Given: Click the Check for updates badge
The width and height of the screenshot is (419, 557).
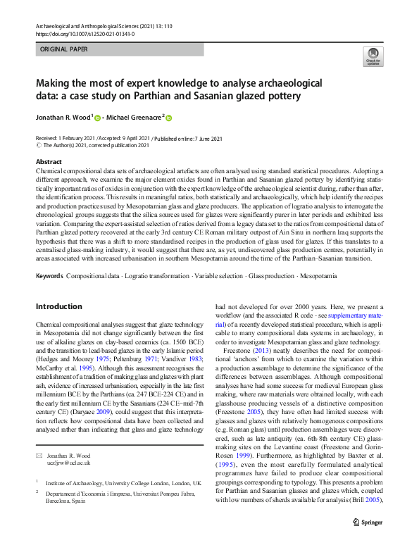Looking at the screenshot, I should [373, 57].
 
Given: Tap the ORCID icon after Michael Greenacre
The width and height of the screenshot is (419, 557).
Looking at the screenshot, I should [169, 118].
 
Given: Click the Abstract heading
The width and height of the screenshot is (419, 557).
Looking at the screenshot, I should [49, 162].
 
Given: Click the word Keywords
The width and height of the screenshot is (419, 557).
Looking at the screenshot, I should [49, 275].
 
